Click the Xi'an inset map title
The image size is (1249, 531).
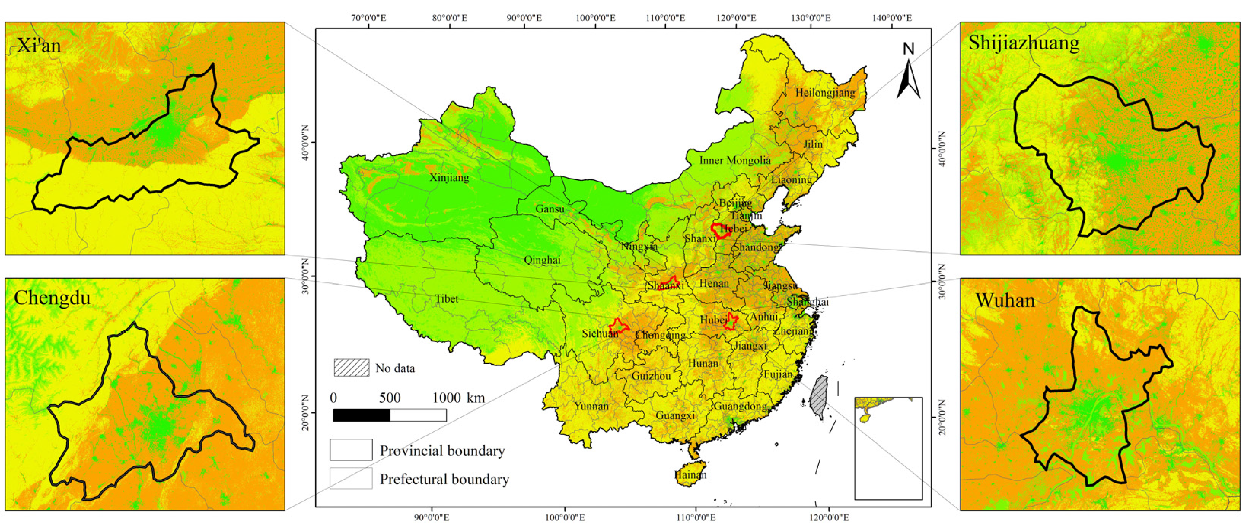click(39, 46)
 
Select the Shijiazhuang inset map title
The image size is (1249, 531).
click(1024, 43)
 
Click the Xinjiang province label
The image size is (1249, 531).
click(449, 178)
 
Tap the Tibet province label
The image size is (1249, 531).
click(446, 299)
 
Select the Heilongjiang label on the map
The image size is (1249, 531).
click(825, 92)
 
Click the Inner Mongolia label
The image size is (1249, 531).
click(734, 160)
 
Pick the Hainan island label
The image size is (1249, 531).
click(690, 475)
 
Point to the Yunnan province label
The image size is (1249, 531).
click(591, 406)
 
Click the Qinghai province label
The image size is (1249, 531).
click(542, 260)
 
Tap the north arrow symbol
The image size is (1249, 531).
click(908, 73)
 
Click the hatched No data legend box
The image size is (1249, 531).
click(351, 368)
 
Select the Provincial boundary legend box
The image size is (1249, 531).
click(351, 450)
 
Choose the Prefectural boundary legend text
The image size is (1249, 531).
click(444, 479)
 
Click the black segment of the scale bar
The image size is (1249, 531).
click(361, 415)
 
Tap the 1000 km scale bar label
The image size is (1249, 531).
click(458, 398)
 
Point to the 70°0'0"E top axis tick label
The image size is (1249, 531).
click(368, 18)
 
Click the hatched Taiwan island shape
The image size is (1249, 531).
click(819, 396)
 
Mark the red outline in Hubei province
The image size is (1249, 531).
click(731, 322)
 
